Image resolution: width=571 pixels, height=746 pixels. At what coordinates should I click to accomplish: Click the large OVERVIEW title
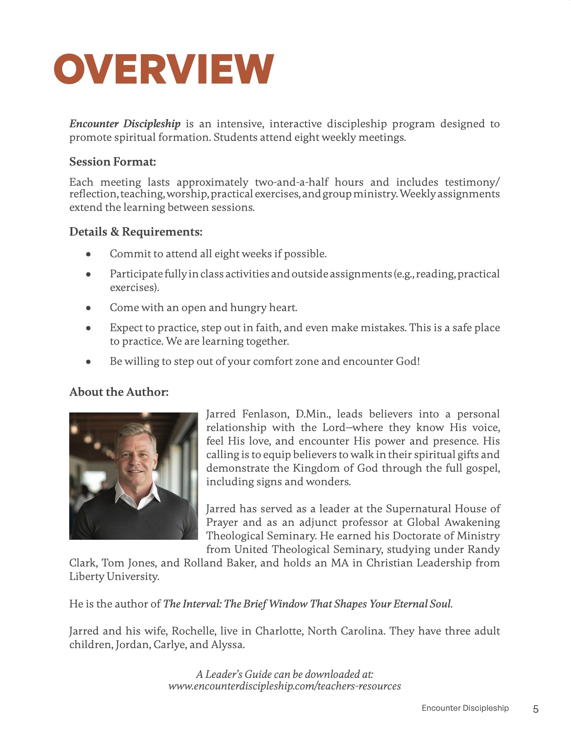click(x=164, y=69)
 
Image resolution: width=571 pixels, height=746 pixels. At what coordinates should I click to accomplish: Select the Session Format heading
click(x=113, y=162)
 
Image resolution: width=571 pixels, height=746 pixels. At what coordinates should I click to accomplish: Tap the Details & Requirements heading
click(x=136, y=232)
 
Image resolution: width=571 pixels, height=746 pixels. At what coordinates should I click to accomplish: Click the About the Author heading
click(x=119, y=392)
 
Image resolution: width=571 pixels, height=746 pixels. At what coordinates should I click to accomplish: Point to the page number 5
click(x=536, y=709)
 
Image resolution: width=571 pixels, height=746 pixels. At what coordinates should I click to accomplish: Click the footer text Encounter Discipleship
click(x=465, y=708)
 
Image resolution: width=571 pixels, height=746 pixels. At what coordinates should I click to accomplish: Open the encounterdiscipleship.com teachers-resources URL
click(x=284, y=686)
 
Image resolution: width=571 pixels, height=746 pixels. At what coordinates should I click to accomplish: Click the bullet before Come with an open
click(x=89, y=308)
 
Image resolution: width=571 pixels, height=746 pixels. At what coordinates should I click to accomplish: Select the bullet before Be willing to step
click(x=89, y=362)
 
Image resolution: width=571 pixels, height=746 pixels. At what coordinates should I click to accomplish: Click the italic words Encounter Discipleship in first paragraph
click(x=125, y=124)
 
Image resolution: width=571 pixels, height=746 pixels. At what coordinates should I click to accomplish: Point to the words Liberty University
click(x=114, y=577)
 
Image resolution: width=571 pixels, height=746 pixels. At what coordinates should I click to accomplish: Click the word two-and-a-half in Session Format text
click(x=292, y=182)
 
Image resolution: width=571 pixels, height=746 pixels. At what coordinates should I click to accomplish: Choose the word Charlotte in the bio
click(x=279, y=631)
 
